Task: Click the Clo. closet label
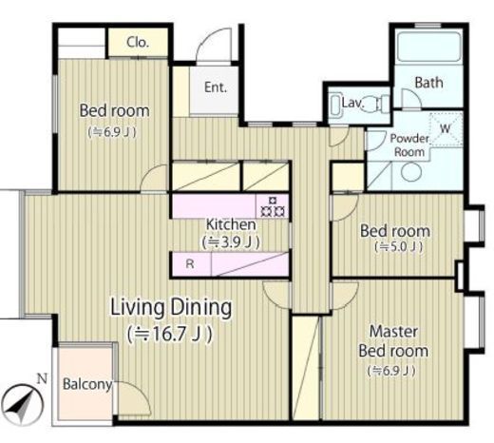138,42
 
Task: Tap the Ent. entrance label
216,87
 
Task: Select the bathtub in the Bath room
429,47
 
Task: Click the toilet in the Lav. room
378,104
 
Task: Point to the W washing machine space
446,129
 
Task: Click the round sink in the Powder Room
411,172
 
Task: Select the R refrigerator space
191,263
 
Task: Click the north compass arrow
22,405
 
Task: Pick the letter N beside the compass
42,378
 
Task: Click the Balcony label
87,384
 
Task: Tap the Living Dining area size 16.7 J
170,334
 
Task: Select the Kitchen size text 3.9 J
231,242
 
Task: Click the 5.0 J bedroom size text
399,247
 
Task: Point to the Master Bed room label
393,341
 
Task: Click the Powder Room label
409,145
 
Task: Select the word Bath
428,83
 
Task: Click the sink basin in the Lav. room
335,105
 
